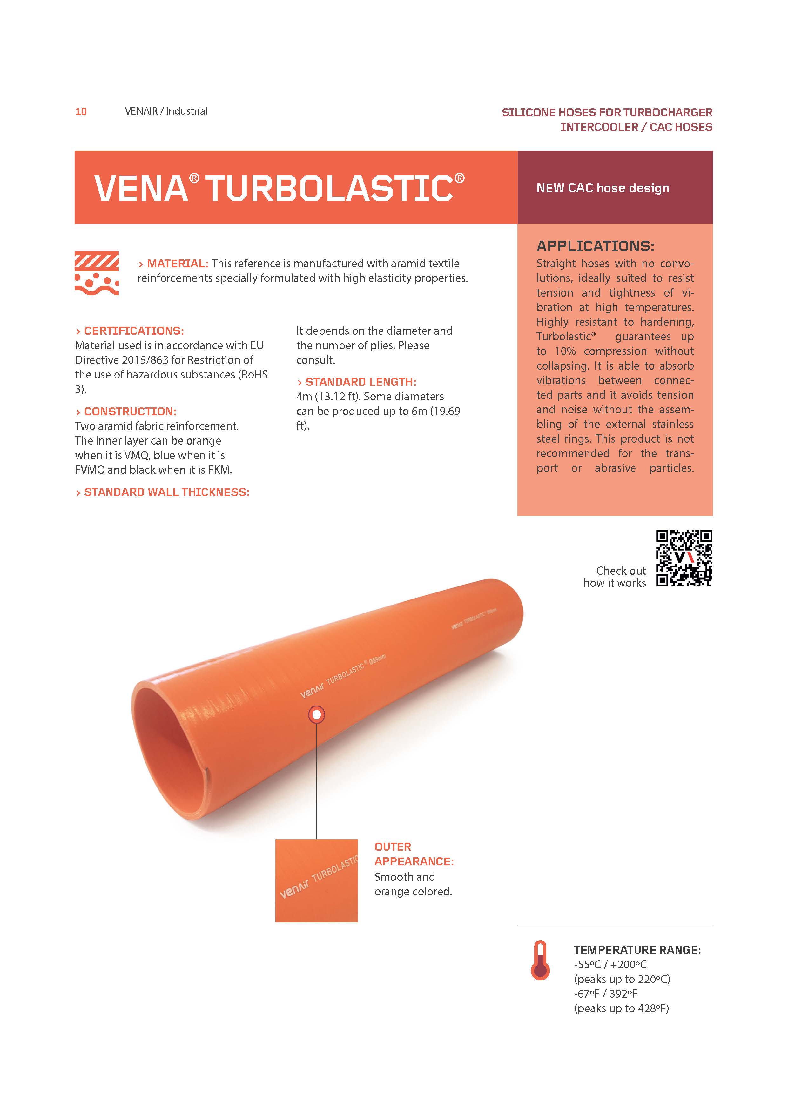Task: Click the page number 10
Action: (81, 111)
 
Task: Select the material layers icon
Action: (97, 273)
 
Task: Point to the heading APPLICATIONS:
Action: (595, 246)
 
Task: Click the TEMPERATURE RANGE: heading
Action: (637, 950)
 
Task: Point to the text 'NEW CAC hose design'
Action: (603, 188)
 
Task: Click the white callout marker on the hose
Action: (317, 715)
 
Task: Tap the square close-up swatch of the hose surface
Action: (317, 880)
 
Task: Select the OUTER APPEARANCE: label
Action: (414, 854)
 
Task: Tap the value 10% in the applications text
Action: (565, 351)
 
